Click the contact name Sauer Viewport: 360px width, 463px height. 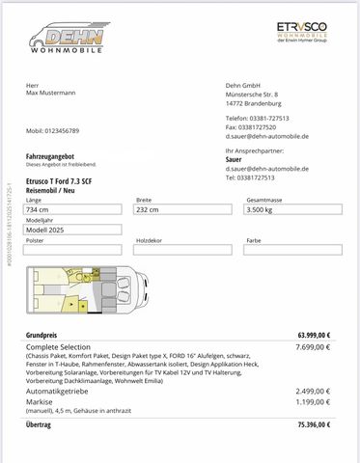click(x=234, y=160)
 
